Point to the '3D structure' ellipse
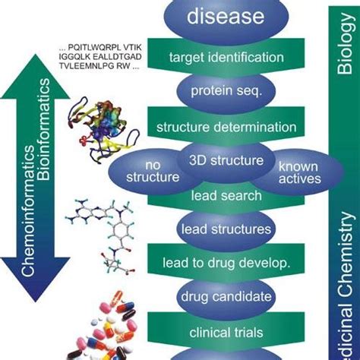coord(226,160)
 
